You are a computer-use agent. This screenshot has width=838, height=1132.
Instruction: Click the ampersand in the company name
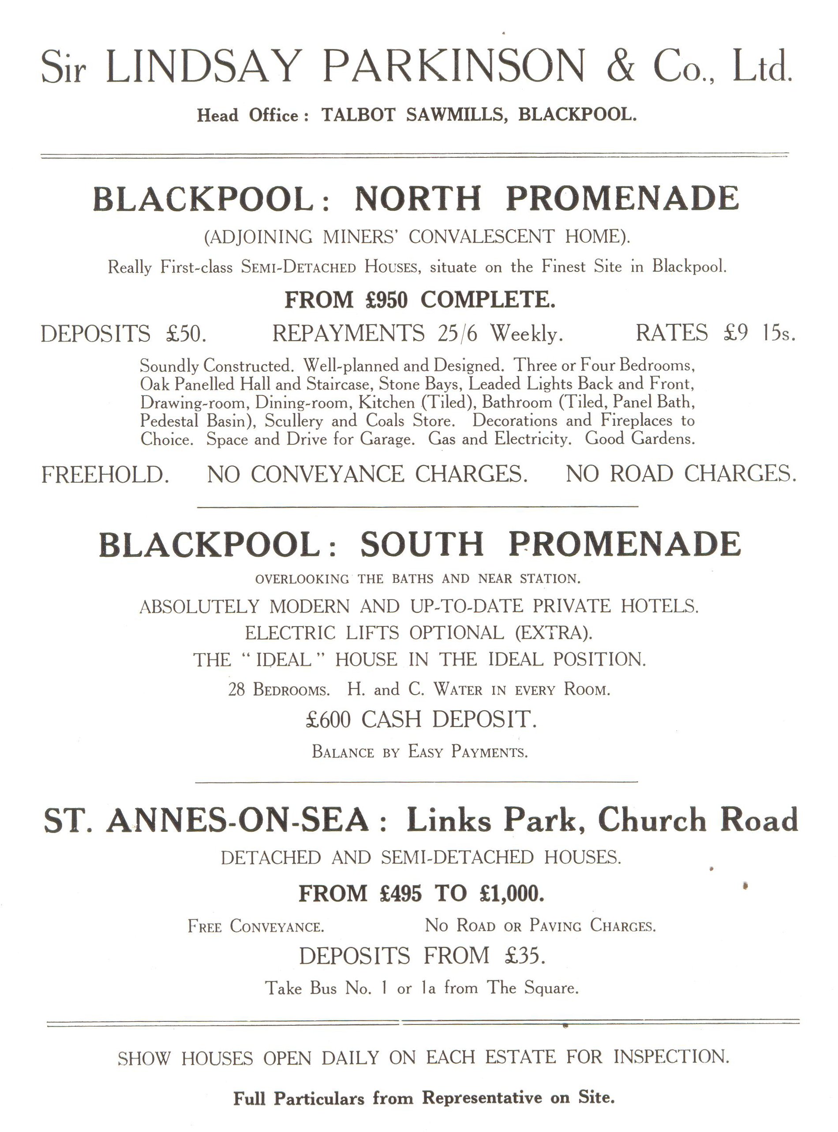pyautogui.click(x=620, y=66)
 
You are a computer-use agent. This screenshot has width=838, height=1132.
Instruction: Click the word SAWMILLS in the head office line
pyautogui.click(x=456, y=115)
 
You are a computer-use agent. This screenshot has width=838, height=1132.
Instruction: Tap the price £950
pyautogui.click(x=386, y=300)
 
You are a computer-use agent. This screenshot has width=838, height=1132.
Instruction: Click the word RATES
pyautogui.click(x=671, y=333)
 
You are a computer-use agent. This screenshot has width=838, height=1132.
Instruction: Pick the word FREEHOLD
pyautogui.click(x=105, y=474)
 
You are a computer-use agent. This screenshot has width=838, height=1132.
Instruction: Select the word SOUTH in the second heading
pyautogui.click(x=422, y=544)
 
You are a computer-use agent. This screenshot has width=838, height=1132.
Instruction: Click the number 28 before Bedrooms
pyautogui.click(x=236, y=690)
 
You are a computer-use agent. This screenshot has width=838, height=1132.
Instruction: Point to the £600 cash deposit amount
pyautogui.click(x=328, y=719)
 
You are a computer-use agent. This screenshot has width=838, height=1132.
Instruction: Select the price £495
pyautogui.click(x=400, y=893)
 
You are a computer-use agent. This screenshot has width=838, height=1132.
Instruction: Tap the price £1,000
pyautogui.click(x=511, y=893)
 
